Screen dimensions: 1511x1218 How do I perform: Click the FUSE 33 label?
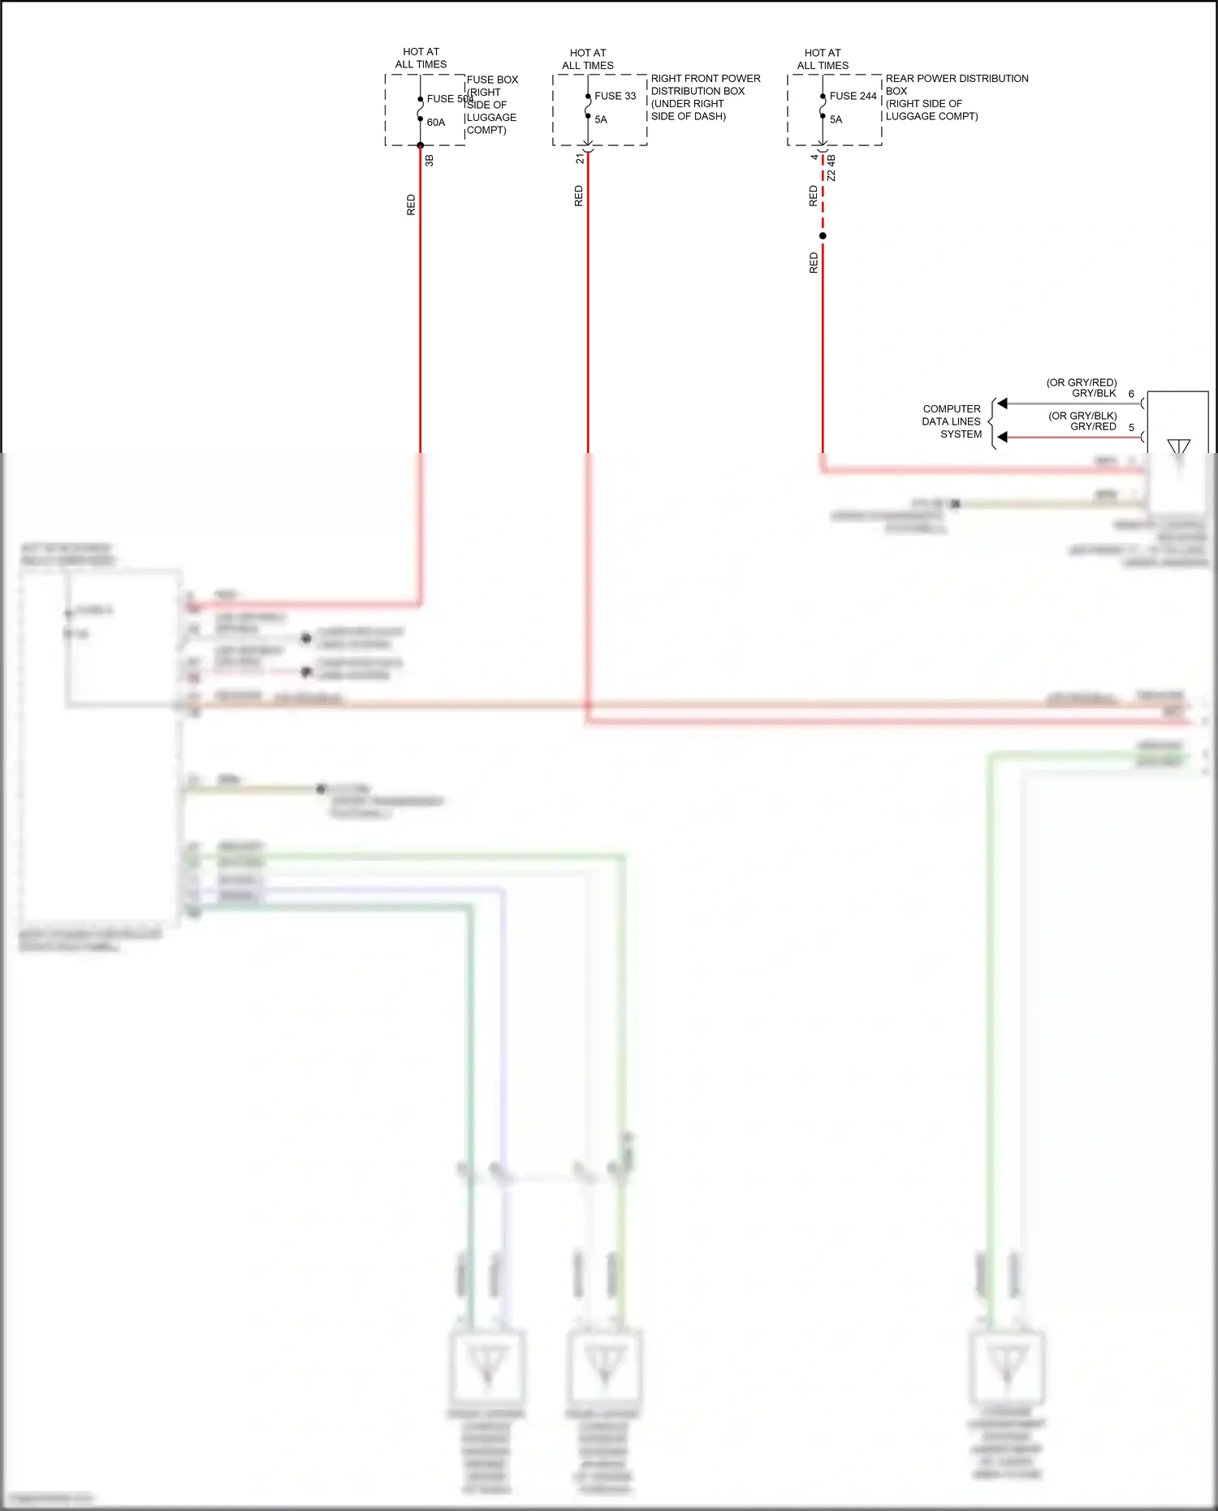click(615, 96)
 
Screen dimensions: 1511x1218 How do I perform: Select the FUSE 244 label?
click(853, 96)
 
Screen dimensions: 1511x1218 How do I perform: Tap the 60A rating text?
click(436, 123)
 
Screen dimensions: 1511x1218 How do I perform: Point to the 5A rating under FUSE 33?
click(601, 119)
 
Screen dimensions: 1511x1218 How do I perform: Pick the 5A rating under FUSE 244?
click(836, 119)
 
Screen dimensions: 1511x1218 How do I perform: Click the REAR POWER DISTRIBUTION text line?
click(957, 79)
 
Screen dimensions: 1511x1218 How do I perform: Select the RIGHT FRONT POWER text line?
click(706, 79)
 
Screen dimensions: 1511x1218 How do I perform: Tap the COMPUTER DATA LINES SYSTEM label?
click(952, 421)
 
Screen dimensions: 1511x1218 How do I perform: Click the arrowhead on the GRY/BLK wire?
click(1003, 404)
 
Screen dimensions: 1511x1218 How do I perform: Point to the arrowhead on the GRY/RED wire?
click(1003, 437)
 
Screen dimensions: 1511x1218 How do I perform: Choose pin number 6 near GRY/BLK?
click(1131, 394)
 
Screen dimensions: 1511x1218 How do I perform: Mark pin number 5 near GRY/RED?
click(1131, 427)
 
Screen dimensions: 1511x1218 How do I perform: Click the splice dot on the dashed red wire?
click(823, 236)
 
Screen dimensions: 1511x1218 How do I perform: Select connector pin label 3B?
click(430, 161)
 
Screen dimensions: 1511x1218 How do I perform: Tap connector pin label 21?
click(580, 159)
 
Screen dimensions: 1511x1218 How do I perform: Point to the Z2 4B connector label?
click(831, 167)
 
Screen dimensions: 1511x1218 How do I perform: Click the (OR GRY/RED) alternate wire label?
click(1081, 382)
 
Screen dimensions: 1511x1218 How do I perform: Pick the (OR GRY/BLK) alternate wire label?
click(1082, 416)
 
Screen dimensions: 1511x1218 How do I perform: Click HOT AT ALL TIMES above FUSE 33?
click(588, 59)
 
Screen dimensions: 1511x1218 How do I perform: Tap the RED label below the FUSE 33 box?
click(579, 196)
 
